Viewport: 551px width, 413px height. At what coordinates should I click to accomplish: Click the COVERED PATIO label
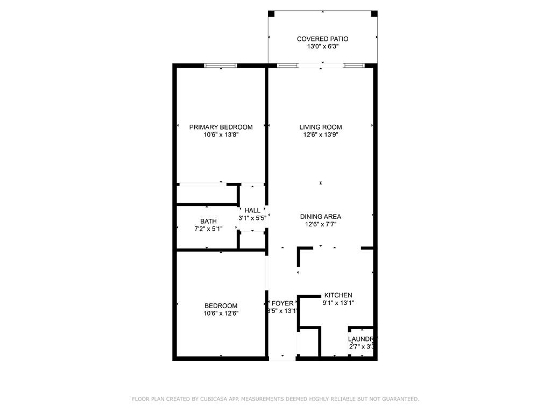(322, 39)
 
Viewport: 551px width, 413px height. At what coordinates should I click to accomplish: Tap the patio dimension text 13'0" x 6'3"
(322, 47)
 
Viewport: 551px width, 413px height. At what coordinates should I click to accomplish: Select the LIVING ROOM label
(321, 127)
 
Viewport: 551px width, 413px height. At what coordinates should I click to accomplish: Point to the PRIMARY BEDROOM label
(221, 127)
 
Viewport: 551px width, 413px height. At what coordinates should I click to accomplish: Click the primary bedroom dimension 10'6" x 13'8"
(221, 136)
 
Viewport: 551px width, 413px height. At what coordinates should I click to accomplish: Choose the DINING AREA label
(321, 217)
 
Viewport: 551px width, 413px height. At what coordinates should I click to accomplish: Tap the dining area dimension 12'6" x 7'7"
(321, 225)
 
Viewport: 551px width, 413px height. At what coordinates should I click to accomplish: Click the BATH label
(208, 221)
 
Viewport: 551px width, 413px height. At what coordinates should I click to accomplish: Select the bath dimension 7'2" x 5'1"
(208, 229)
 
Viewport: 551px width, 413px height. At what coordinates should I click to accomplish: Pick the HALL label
(252, 210)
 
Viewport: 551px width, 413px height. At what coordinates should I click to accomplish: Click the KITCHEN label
(338, 295)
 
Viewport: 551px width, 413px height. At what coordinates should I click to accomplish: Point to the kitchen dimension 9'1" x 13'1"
(338, 303)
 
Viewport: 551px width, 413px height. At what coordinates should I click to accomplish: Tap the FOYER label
(282, 303)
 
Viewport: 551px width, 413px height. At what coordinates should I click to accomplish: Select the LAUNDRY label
(363, 339)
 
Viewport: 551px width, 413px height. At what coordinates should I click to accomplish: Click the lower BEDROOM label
(221, 305)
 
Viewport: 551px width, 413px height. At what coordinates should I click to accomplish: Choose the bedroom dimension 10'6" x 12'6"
(221, 314)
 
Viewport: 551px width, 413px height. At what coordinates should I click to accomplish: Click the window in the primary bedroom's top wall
(221, 66)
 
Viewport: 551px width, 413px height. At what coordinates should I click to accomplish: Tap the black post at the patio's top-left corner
(271, 13)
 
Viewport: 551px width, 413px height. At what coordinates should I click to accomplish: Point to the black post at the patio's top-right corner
(375, 13)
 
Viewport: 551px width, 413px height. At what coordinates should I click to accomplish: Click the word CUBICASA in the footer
(214, 399)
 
